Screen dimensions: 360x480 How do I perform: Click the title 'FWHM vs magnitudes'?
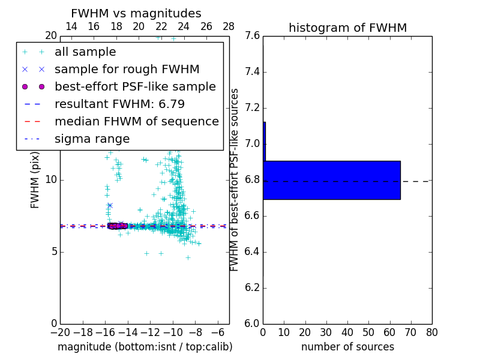136,14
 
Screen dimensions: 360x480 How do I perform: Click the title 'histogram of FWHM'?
347,28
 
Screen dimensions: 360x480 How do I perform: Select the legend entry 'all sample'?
85,52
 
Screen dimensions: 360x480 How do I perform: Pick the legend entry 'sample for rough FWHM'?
127,69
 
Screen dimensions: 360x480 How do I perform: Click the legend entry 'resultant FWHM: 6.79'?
119,104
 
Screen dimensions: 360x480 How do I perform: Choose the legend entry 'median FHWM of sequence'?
136,121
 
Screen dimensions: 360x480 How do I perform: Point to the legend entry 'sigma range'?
92,139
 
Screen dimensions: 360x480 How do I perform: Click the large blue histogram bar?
332,180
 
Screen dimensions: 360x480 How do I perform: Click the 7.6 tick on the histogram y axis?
252,36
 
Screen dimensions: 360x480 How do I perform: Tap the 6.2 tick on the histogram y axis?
252,287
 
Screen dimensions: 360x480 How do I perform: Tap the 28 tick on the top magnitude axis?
229,26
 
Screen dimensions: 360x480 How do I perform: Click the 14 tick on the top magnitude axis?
71,26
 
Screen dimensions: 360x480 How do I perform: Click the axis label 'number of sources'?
347,347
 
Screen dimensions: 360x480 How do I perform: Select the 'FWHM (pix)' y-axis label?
35,179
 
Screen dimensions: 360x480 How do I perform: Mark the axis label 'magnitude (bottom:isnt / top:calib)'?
145,347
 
